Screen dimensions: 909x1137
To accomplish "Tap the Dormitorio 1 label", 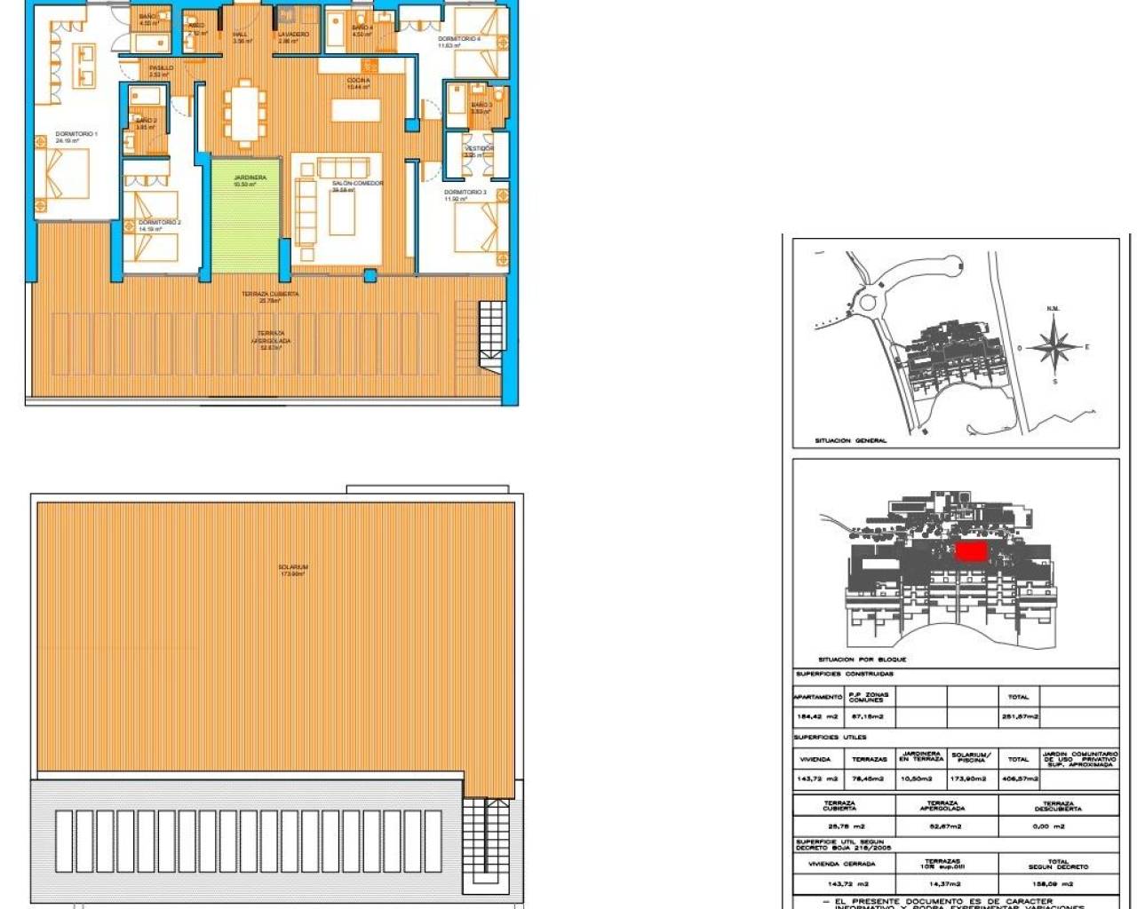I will coord(76,134).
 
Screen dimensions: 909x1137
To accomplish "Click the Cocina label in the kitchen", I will coord(359,81).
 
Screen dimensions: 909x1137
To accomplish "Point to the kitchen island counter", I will coord(356,109).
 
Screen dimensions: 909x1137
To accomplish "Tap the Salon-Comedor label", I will coord(357,184).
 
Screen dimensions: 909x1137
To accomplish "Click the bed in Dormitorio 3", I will coord(477,228).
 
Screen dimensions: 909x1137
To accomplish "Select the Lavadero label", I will coord(293,35).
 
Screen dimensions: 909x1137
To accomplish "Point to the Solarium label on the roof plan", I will coord(292,567).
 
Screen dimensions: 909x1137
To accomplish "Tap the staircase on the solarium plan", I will coord(486,839).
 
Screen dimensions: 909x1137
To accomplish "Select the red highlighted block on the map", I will coord(971,552).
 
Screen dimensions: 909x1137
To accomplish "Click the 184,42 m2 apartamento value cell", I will coord(817,716).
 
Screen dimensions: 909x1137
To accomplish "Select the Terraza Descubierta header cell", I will coord(1058,806).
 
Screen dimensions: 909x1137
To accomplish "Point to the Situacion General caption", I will coord(850,440).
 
